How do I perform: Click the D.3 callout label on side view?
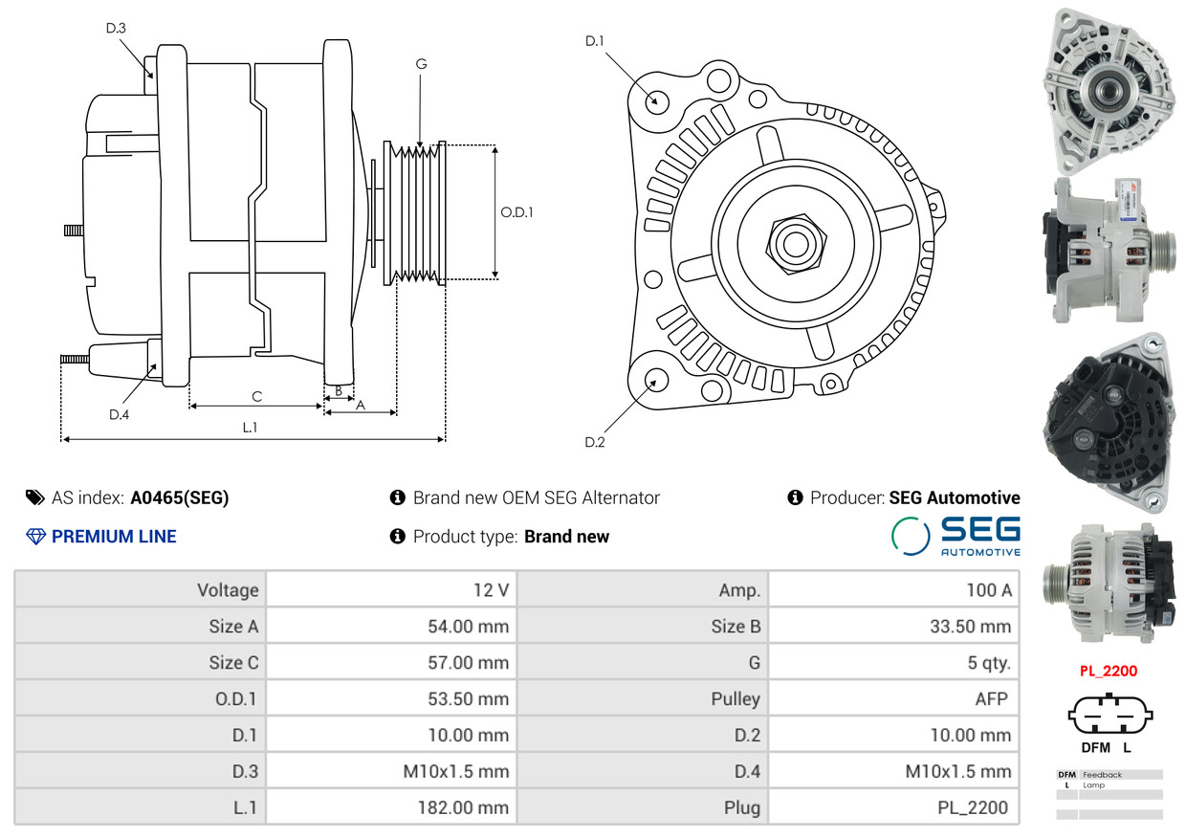click(116, 29)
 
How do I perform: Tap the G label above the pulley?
click(421, 64)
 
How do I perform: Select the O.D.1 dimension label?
click(516, 211)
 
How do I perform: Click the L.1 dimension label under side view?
click(250, 428)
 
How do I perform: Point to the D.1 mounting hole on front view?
click(656, 99)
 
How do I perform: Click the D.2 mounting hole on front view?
click(655, 380)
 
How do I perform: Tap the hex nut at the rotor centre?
click(793, 241)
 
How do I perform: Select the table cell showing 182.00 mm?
click(392, 807)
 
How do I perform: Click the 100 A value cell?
click(894, 589)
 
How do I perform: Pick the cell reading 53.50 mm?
click(392, 698)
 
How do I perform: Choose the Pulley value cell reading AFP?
click(894, 698)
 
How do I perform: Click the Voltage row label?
click(141, 589)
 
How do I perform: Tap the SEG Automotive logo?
click(955, 536)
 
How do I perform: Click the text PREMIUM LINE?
click(113, 537)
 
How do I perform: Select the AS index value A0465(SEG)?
click(180, 497)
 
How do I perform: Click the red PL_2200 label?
click(1109, 671)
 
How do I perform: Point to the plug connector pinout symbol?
click(1109, 715)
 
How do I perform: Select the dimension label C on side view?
click(256, 396)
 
